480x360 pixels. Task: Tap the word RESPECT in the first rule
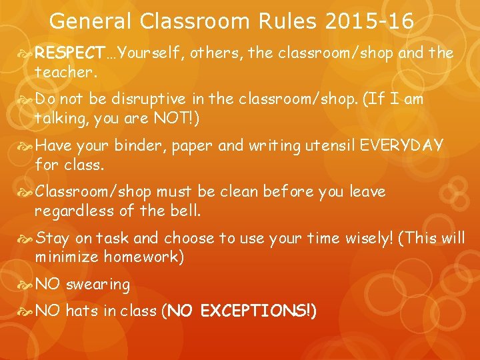(66, 53)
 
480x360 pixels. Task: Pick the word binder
(141, 146)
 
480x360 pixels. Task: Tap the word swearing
(99, 285)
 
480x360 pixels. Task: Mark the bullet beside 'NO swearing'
(26, 284)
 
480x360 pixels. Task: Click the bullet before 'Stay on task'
(26, 238)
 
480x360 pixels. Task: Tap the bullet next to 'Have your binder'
(26, 145)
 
